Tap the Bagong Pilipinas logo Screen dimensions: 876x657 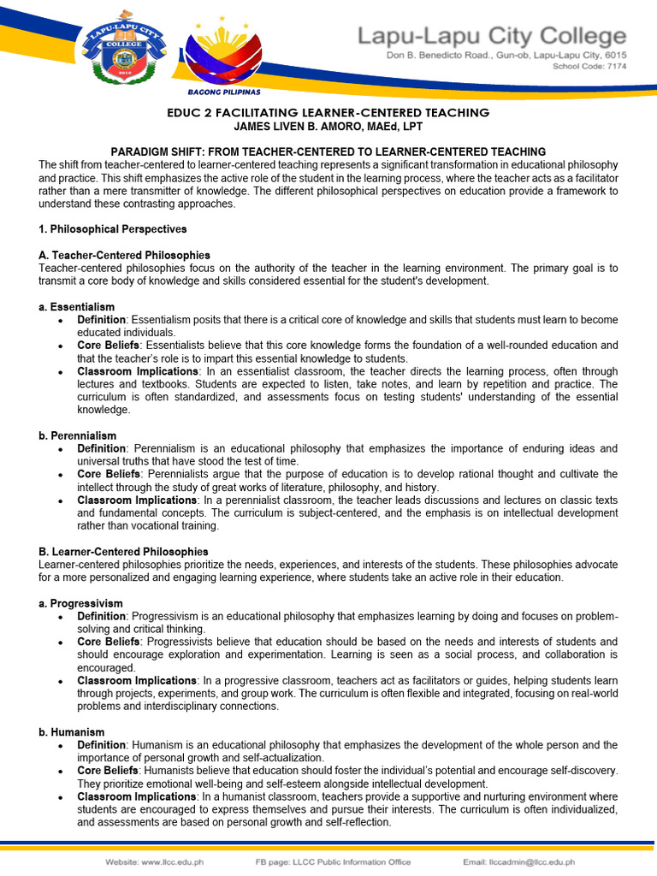coord(223,51)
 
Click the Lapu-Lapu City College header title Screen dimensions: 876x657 coord(491,36)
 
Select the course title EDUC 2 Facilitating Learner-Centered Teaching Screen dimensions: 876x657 coord(328,113)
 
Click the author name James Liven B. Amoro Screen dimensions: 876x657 coord(328,126)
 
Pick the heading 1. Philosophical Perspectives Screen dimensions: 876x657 coord(113,229)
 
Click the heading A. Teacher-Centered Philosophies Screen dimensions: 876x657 coord(124,255)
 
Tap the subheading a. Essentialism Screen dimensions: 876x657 coord(77,307)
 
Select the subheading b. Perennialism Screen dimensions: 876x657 coord(79,435)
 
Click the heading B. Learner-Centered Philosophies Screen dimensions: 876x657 coord(123,552)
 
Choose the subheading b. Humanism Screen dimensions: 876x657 coord(72,732)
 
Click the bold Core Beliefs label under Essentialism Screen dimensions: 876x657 coord(109,346)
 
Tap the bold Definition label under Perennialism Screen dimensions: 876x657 coord(101,448)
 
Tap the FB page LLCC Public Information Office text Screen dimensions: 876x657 coord(333,861)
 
